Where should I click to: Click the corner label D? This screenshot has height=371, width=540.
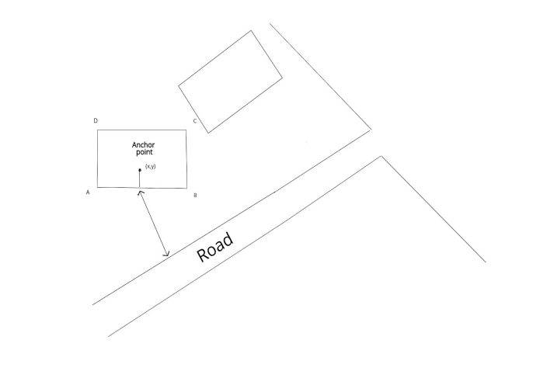point(96,121)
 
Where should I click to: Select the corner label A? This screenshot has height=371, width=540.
point(88,191)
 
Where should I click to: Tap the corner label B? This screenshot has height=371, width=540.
point(195,195)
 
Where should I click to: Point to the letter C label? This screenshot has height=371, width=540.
point(194,121)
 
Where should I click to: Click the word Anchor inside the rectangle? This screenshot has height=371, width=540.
point(144,145)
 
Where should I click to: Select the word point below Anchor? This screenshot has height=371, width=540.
point(144,152)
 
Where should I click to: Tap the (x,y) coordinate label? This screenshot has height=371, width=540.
point(151,167)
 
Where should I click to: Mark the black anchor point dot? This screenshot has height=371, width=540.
point(140,170)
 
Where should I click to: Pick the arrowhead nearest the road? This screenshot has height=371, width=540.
point(165,254)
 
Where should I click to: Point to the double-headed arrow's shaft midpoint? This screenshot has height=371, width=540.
point(153,222)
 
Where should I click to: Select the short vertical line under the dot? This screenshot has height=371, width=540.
point(140,179)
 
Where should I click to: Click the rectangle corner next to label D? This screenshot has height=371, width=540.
point(98,130)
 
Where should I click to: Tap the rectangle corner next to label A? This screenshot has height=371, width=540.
point(98,188)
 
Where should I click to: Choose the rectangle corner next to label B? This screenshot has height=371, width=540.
point(186,188)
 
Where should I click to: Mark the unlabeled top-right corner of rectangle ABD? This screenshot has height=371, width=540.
point(186,130)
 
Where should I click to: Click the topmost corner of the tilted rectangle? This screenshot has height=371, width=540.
point(251,31)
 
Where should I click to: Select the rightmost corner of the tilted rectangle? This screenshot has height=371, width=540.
point(282,76)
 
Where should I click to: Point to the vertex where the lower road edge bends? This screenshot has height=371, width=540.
point(381,157)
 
